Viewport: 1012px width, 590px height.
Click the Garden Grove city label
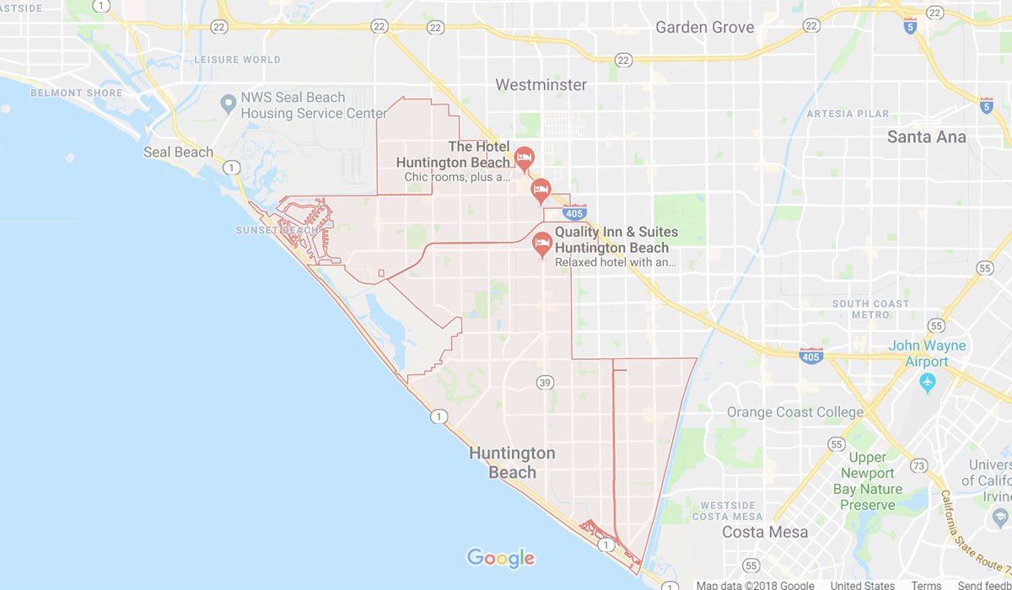[705, 27]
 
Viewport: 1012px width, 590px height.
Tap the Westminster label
[541, 85]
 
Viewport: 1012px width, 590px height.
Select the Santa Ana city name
[926, 137]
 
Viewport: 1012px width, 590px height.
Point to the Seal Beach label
[178, 152]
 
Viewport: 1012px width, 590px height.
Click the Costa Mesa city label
[765, 532]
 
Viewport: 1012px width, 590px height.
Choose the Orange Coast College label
[795, 412]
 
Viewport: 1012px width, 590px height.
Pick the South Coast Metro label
[870, 308]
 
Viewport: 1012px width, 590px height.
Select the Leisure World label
[237, 60]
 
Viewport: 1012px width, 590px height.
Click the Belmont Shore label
[68, 93]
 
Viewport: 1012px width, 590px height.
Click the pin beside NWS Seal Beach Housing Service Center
[227, 105]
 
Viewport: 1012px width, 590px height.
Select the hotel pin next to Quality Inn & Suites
[543, 244]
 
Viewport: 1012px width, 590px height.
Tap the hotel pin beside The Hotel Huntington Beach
[524, 158]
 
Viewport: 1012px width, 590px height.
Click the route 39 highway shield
[545, 383]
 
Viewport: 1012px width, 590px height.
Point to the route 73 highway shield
[919, 465]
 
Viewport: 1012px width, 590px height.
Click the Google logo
[501, 557]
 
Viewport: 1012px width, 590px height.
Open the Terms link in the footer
[926, 585]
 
